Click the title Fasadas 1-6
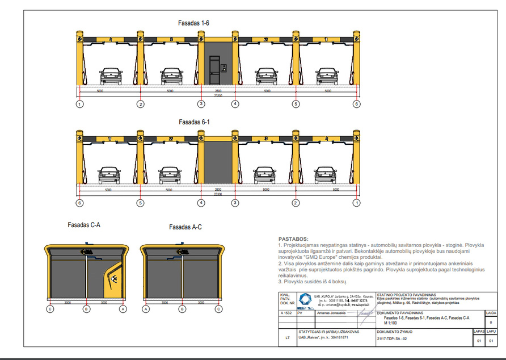click(x=195, y=23)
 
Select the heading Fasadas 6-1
click(x=195, y=122)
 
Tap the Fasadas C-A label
click(x=83, y=225)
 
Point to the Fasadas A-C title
click(x=185, y=227)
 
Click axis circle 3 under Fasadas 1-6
click(x=201, y=104)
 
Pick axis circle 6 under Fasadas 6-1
click(x=80, y=203)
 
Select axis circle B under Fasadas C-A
click(x=86, y=309)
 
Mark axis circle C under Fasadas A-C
click(x=219, y=309)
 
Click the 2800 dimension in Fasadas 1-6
click(x=218, y=91)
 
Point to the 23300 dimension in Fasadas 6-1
click(x=218, y=194)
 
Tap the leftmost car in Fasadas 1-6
click(x=111, y=76)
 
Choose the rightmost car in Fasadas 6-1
click(x=326, y=174)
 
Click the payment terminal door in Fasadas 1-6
click(x=214, y=71)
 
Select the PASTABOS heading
click(x=293, y=239)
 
